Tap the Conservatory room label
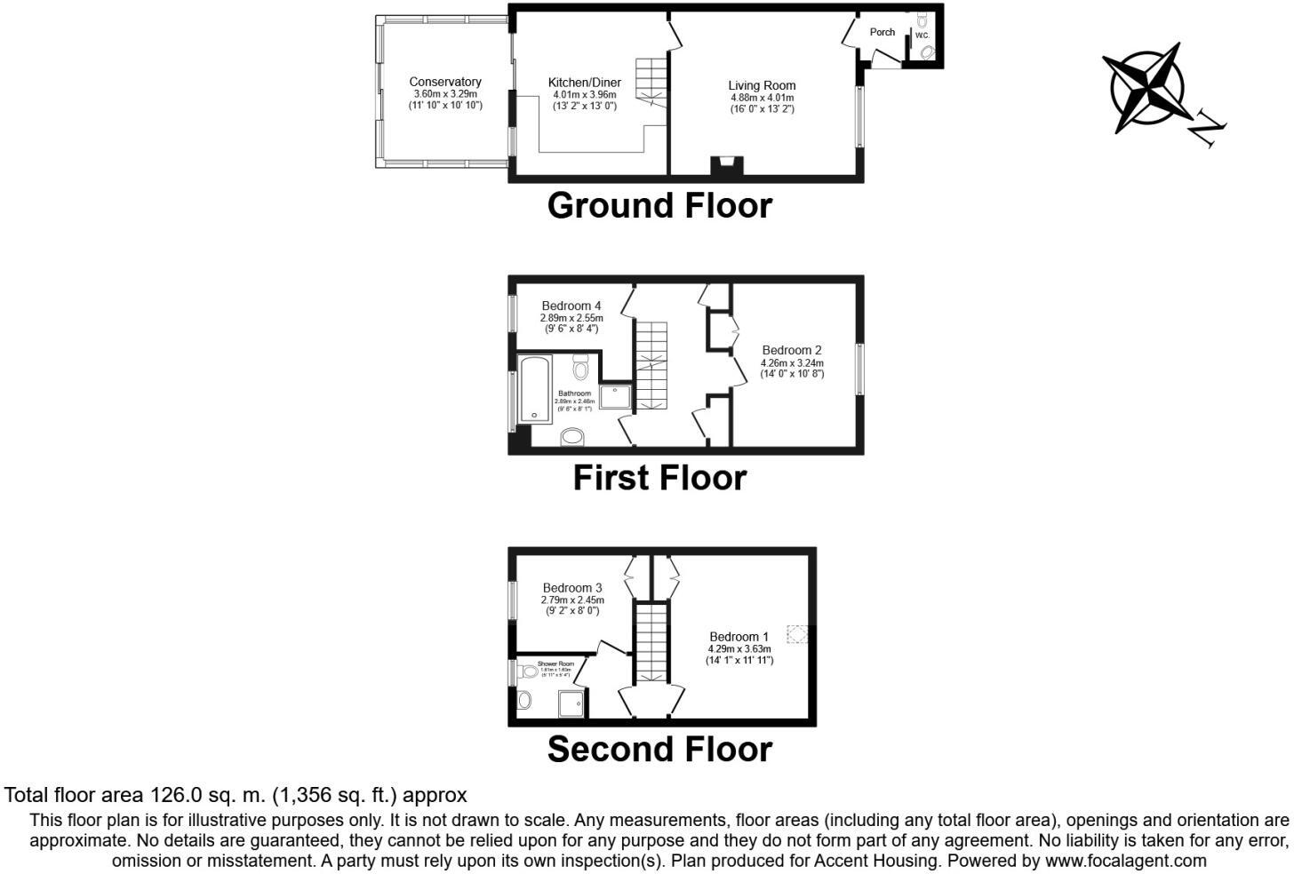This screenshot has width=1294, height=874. (x=445, y=83)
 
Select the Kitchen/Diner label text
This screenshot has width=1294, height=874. (x=584, y=83)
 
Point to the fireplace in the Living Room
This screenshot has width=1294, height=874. (x=726, y=165)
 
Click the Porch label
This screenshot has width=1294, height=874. (x=882, y=32)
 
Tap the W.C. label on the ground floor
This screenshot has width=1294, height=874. (x=923, y=36)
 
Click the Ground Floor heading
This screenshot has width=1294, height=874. (x=659, y=205)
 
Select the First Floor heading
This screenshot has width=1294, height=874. (x=659, y=478)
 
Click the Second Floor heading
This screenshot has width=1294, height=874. (x=659, y=750)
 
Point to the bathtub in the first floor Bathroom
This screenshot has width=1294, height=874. (x=534, y=388)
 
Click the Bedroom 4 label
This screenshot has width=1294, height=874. (x=571, y=306)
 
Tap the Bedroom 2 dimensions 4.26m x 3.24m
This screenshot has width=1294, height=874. (x=792, y=362)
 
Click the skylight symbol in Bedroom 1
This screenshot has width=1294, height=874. (x=797, y=634)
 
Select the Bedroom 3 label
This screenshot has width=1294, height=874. (x=572, y=588)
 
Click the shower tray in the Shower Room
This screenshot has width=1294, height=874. (x=571, y=703)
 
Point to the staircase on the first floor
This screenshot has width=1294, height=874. (x=651, y=365)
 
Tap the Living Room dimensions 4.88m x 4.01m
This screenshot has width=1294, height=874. (x=762, y=98)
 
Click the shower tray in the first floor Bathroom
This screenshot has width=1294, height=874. (x=616, y=396)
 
